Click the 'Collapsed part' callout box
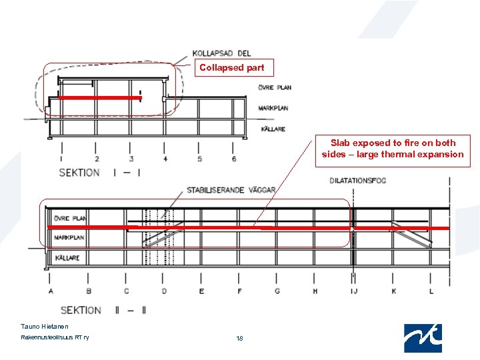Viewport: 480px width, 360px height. (232, 67)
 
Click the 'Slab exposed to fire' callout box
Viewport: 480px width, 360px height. (393, 149)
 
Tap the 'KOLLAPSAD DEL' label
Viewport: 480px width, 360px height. (221, 53)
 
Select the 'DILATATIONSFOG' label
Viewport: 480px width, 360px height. (358, 181)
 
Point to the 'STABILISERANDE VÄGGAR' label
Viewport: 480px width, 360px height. (231, 190)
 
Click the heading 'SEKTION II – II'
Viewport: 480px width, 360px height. (103, 310)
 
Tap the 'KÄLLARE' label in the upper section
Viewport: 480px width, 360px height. (273, 129)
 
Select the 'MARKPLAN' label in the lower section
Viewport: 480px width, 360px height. (69, 237)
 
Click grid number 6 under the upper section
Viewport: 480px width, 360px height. (234, 159)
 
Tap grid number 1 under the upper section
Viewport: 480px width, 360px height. (62, 159)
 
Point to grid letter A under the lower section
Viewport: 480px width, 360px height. (51, 291)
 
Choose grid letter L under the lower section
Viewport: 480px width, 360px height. (431, 291)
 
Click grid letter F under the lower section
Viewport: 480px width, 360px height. (240, 291)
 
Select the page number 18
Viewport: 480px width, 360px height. (239, 339)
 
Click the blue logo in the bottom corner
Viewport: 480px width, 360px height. (423, 338)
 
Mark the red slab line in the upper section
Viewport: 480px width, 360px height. (100, 98)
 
